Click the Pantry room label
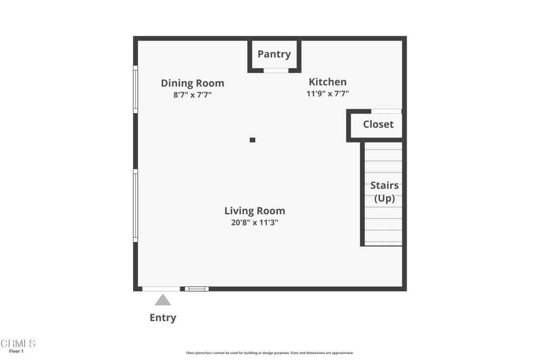(274, 54)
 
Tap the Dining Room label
(192, 83)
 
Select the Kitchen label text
(327, 82)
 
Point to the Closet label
(378, 124)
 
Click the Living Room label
(255, 211)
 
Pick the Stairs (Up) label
(384, 192)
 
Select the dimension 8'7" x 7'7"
(192, 95)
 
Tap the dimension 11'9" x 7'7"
(327, 94)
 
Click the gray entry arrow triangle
(162, 300)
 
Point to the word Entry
(163, 317)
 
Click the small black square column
(253, 140)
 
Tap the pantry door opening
(276, 70)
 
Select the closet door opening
(386, 111)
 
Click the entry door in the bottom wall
(161, 289)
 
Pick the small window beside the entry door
(197, 289)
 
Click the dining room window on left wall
(136, 89)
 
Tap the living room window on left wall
(136, 206)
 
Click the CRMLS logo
(18, 344)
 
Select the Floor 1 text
(16, 351)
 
